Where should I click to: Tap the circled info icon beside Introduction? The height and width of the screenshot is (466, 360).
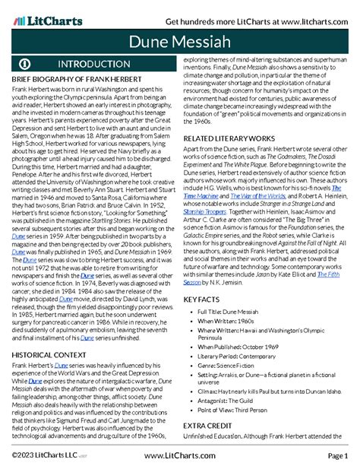click(25, 64)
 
